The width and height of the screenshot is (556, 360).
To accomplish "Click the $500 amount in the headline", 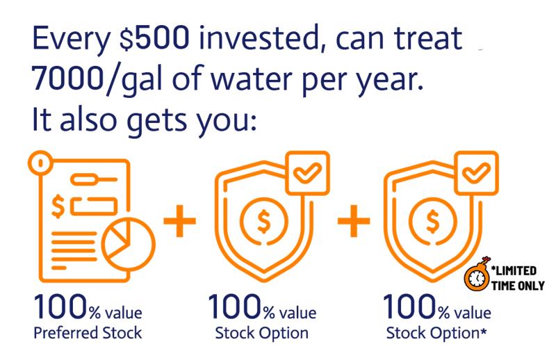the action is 154,38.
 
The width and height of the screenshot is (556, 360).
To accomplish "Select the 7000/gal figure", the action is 97,79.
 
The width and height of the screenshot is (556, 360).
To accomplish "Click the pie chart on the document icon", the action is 128,245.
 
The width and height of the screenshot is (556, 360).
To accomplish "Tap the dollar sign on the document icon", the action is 58,206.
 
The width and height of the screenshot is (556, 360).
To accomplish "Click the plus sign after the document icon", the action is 179,220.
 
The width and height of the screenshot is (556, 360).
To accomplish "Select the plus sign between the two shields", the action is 354,220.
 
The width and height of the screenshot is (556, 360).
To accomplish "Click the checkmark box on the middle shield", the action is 307,173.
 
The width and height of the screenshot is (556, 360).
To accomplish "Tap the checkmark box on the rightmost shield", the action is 477,173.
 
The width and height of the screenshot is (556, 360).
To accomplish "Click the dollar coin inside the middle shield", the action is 264,221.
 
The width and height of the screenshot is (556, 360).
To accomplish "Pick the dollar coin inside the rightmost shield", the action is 432,221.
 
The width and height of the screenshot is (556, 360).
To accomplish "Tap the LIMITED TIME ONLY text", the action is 518,279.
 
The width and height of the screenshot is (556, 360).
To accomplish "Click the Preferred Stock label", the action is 88,333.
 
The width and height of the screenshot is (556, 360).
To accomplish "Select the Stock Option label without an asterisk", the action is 262,334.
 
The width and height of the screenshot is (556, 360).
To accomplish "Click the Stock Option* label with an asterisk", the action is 436,334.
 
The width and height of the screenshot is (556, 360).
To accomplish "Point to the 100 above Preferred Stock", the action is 60,306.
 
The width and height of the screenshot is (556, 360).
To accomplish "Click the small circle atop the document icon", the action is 40,163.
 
